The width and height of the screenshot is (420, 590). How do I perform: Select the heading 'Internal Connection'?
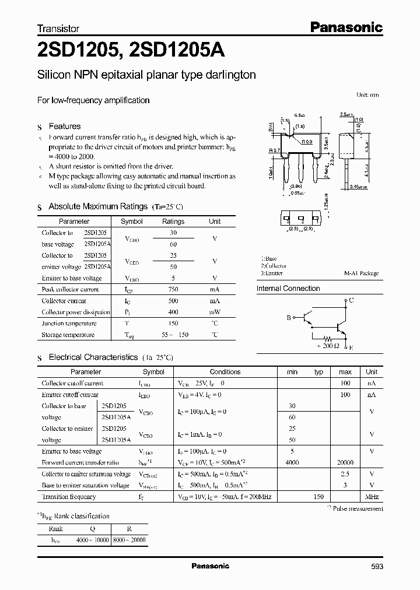(x=288, y=289)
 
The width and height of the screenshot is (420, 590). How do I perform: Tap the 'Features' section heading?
(x=65, y=126)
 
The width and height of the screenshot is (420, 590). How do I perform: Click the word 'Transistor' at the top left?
(x=58, y=28)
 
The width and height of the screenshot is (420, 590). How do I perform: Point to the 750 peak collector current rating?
(x=173, y=289)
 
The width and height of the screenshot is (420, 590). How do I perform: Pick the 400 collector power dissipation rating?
(x=173, y=312)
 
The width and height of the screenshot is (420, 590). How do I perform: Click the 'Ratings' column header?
(x=173, y=222)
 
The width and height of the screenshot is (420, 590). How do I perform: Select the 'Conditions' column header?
(x=225, y=371)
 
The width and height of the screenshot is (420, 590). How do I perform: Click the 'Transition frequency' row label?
(x=69, y=497)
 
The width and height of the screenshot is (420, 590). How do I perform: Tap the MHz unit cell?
(x=372, y=497)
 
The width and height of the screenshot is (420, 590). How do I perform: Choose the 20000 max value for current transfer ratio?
(x=345, y=462)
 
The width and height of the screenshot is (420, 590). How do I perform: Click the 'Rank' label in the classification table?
(x=55, y=529)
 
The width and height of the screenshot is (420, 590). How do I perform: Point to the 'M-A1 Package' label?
(x=362, y=273)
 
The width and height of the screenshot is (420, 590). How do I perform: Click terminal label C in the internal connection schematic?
(x=351, y=300)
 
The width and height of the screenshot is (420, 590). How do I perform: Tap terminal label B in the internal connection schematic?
(x=288, y=318)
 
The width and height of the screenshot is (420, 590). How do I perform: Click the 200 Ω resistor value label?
(x=327, y=346)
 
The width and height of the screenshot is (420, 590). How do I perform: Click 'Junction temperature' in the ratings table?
(x=69, y=324)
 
